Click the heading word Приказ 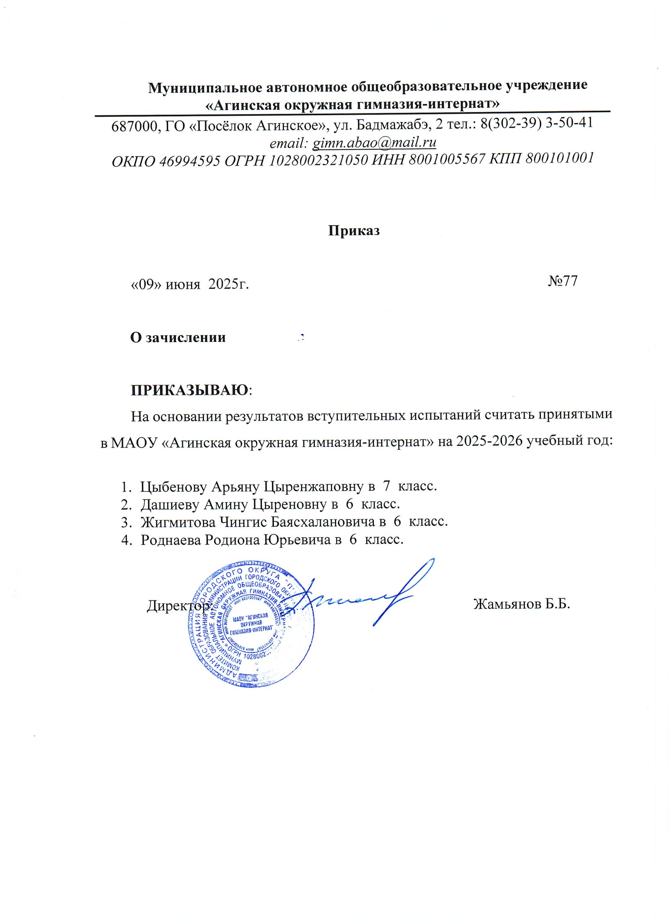tap(354, 231)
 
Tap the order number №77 tap(562, 281)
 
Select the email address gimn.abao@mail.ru tap(373, 142)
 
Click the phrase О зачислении tap(178, 337)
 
